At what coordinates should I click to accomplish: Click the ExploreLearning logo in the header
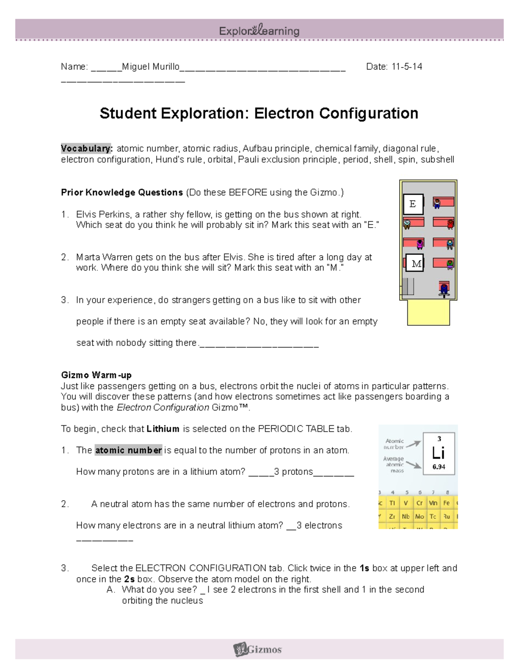click(259, 31)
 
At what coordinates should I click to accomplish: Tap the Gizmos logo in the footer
click(258, 649)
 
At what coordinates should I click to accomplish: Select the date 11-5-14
click(407, 67)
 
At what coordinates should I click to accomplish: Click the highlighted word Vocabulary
click(86, 148)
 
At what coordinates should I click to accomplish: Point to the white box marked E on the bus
click(413, 204)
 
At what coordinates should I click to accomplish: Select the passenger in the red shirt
click(450, 224)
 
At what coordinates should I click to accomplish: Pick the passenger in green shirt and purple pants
click(450, 264)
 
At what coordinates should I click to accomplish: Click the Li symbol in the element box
click(438, 453)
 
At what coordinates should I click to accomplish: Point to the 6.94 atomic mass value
click(439, 467)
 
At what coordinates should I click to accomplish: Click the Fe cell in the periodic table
click(446, 503)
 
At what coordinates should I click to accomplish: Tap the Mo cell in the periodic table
click(419, 516)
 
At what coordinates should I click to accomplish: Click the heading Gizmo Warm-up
click(96, 375)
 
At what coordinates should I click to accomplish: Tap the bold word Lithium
click(163, 429)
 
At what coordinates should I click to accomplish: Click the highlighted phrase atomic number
click(128, 450)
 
